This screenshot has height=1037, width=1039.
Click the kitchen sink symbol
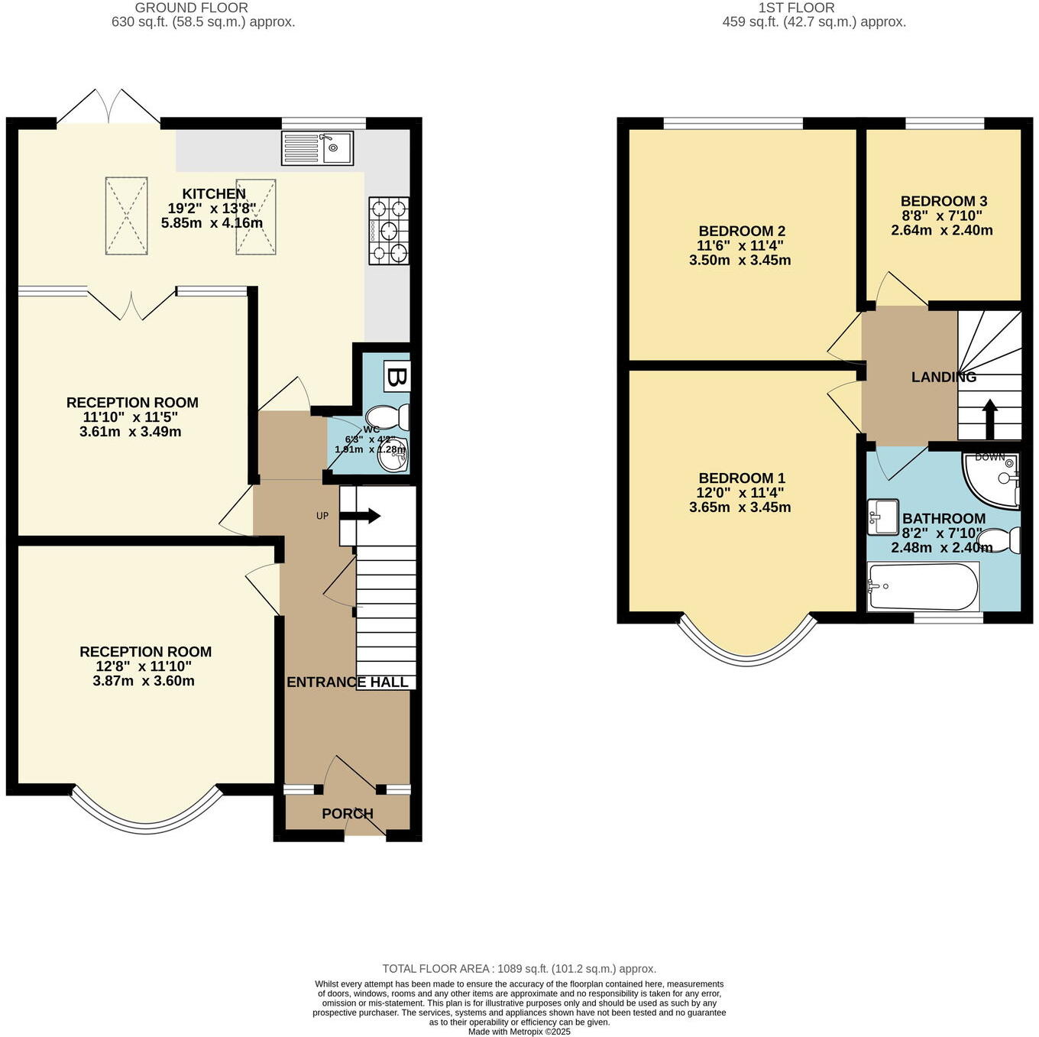pos(317,148)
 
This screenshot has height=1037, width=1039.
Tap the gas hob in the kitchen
pos(389,231)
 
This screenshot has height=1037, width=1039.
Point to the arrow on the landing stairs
pos(989,417)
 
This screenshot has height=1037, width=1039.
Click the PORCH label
pos(348,814)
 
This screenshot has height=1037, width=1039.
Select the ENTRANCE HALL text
pos(348,682)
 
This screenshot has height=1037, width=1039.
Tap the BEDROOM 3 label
pos(944,202)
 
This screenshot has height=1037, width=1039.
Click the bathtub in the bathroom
pos(924,587)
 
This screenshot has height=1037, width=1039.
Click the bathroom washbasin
pos(883,517)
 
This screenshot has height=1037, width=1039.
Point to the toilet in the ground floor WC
pos(389,417)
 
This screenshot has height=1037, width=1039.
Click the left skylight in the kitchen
pos(126,216)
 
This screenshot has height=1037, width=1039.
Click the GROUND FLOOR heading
pos(192,8)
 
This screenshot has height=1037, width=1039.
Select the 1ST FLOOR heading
pos(796,8)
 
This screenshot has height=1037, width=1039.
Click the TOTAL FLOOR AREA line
pos(519,969)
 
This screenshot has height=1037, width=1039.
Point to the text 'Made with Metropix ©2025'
pos(519,1032)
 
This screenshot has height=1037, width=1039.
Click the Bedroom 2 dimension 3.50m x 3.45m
pos(740,261)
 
